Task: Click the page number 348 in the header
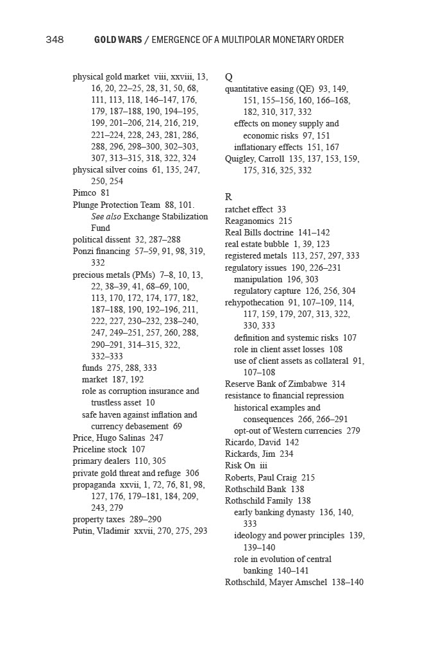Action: tap(55, 40)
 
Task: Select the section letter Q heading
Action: tap(229, 76)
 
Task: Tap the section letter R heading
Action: tap(228, 197)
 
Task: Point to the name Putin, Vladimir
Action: tap(101, 531)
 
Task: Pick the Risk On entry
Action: tap(240, 465)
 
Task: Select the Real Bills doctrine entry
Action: tap(259, 232)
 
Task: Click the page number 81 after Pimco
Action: tap(105, 192)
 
